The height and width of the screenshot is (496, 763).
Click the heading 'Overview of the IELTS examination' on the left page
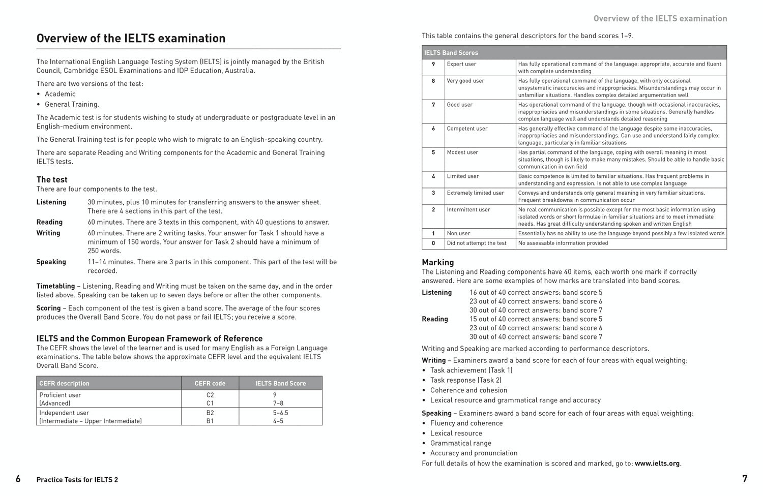(131, 39)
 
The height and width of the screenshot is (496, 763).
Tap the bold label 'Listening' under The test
(51, 202)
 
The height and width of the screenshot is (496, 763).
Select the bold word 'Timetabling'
(55, 286)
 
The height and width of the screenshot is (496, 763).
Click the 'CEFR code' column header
(210, 383)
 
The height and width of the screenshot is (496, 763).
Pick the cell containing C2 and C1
(210, 399)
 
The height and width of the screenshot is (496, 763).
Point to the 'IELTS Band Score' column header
(280, 383)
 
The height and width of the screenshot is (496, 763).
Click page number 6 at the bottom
(18, 479)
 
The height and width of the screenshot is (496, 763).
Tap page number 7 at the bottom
(745, 479)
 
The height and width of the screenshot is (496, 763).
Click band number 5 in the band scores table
(433, 152)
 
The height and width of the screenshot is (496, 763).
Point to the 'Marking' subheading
(437, 262)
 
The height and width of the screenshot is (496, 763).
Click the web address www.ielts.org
(657, 463)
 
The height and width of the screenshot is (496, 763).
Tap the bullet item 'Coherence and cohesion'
(468, 390)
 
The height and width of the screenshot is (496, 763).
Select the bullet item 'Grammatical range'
(461, 443)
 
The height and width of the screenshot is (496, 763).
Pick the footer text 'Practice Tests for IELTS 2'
(77, 480)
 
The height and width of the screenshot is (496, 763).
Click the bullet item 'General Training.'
(72, 105)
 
